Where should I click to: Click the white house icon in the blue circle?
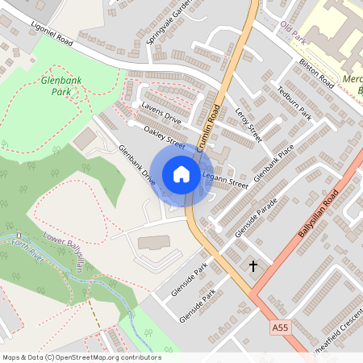tap(181, 173)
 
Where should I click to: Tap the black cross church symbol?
tap(252, 265)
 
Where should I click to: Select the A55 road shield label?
tap(279, 328)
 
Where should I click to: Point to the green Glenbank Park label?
tap(56, 86)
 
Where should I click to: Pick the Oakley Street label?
tap(165, 137)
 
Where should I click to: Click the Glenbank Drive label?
tap(136, 165)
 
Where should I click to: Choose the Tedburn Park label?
tap(294, 103)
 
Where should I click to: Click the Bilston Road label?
tap(315, 73)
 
